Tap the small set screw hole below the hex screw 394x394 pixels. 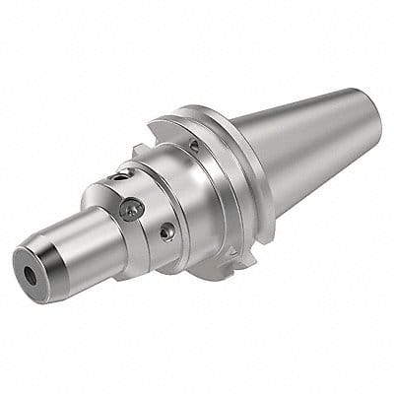point(168,232)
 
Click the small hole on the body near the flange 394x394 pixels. point(195,145)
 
